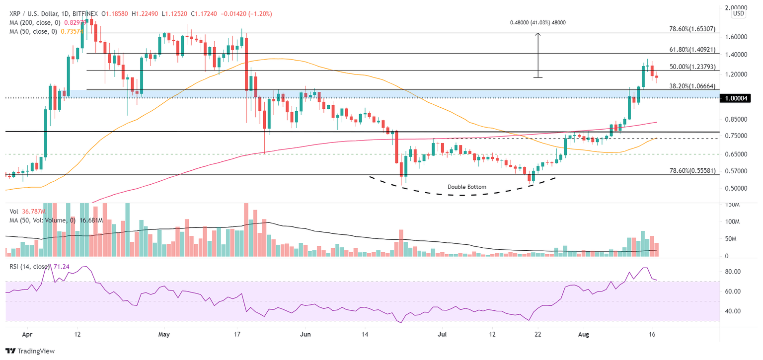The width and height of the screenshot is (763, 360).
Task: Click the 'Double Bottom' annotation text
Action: [466, 187]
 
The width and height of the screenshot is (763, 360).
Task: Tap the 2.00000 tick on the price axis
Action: [736, 8]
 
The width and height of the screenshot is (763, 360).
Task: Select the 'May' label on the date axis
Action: [164, 335]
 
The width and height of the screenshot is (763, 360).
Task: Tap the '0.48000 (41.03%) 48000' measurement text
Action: [538, 22]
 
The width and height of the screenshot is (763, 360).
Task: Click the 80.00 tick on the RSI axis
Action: [733, 272]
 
